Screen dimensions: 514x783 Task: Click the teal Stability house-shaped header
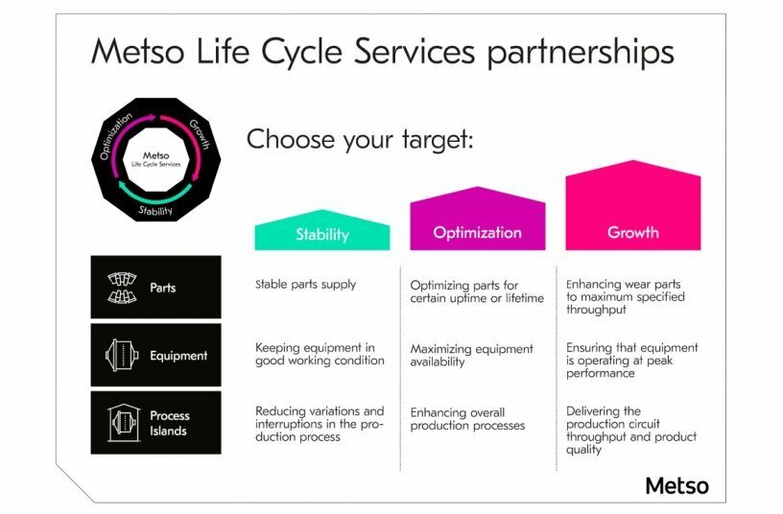(321, 233)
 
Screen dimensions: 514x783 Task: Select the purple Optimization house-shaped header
(477, 230)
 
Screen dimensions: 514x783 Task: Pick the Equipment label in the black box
(178, 356)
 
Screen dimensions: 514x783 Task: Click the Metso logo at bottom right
(676, 485)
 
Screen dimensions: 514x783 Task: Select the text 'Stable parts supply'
(305, 284)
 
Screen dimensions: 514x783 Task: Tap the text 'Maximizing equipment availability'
(471, 356)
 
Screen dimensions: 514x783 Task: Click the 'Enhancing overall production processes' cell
(467, 419)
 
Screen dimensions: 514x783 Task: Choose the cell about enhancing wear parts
(625, 297)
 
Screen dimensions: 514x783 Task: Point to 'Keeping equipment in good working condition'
(320, 354)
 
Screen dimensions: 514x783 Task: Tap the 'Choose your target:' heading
(361, 139)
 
